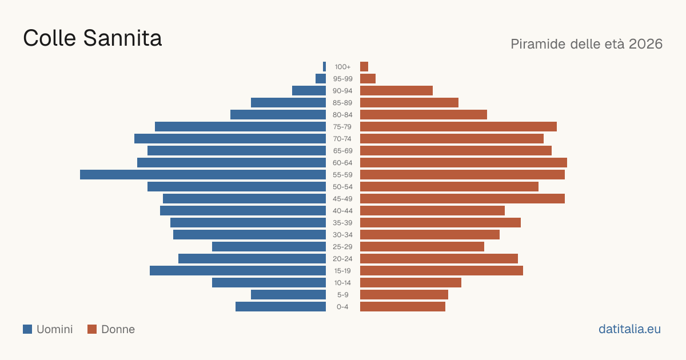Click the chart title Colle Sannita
(92, 38)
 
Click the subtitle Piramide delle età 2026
(587, 44)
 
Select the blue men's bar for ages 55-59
(203, 175)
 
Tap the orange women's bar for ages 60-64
(464, 162)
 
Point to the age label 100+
(342, 67)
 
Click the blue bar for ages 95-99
(321, 79)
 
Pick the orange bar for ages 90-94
(396, 91)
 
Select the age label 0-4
(342, 307)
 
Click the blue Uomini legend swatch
(27, 329)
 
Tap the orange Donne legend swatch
(92, 329)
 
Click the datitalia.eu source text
(629, 329)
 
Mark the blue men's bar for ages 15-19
(238, 271)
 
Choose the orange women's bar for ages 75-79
(458, 127)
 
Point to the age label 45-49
(342, 199)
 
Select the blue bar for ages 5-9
(288, 295)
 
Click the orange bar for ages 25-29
(422, 247)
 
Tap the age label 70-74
(342, 139)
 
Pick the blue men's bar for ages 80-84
(278, 115)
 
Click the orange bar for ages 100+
(364, 67)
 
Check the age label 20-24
(342, 259)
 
